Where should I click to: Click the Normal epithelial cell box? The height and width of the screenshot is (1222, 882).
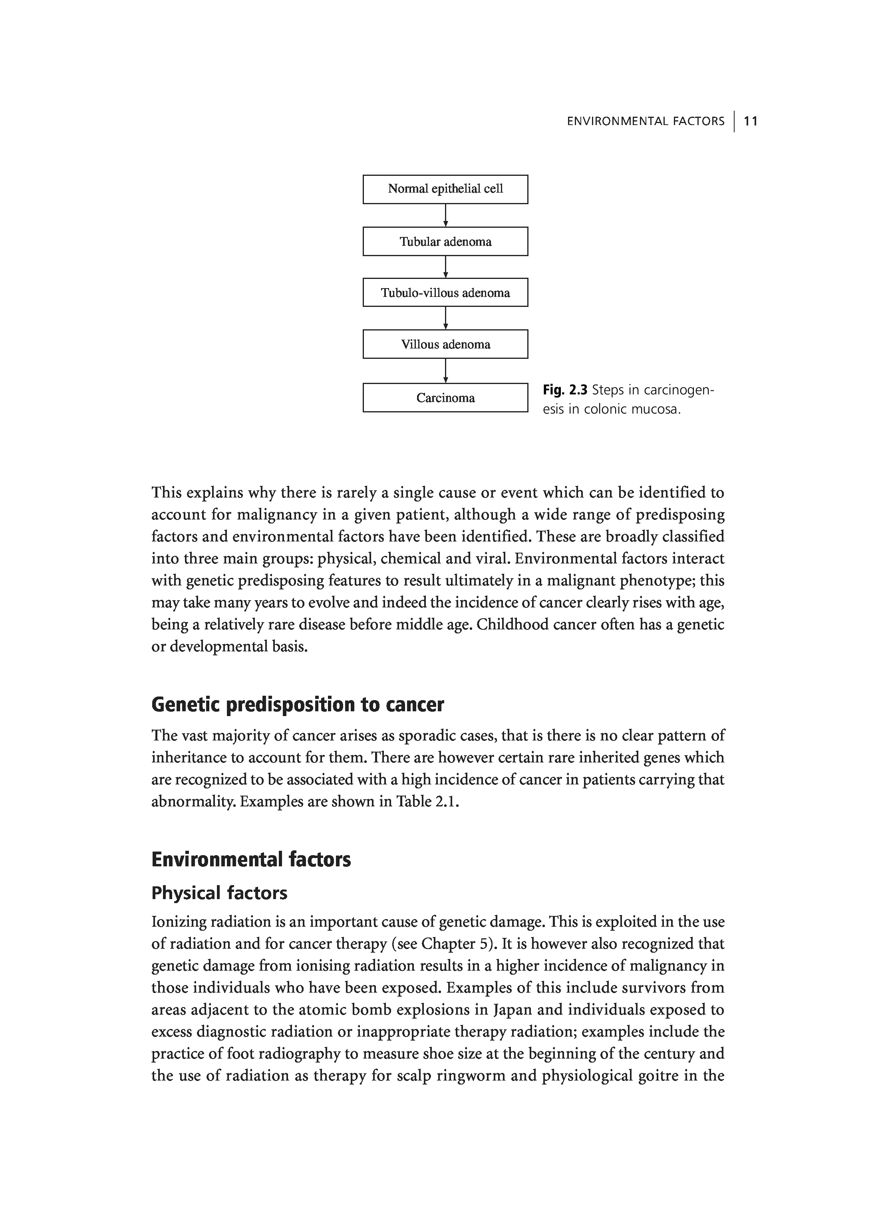click(445, 189)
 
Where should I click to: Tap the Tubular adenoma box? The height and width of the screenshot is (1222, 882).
click(445, 241)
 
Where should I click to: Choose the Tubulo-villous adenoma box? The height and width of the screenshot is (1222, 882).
click(445, 293)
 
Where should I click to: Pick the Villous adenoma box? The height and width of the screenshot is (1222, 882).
click(445, 344)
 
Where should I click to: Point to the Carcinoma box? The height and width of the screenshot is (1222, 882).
click(445, 398)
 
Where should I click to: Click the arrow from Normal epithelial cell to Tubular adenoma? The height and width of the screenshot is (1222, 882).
click(445, 215)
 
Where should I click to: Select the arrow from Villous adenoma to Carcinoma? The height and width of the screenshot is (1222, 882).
click(445, 371)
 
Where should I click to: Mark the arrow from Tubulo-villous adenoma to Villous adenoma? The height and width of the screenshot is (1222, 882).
click(445, 318)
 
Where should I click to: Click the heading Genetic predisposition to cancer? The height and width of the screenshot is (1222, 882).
click(297, 705)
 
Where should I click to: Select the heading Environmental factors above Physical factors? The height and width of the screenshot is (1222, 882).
click(251, 860)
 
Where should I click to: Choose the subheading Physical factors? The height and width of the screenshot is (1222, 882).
click(219, 894)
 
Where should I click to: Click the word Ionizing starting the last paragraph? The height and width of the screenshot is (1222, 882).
click(179, 922)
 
